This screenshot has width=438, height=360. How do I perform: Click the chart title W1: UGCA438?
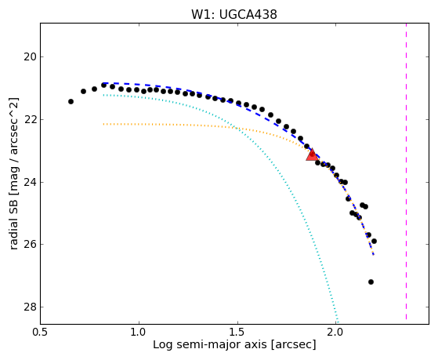234,14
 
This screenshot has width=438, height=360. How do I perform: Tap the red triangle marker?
312,155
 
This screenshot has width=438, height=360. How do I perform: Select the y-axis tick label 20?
30,57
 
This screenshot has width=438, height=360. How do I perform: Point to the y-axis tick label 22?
30,120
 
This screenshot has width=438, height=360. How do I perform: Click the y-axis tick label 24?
30,183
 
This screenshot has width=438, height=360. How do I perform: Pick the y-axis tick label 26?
30,245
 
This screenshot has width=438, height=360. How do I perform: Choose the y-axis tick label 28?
30,307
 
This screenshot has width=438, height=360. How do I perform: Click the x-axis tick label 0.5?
41,333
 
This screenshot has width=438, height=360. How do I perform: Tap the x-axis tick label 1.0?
139,333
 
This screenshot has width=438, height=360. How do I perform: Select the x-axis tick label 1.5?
237,333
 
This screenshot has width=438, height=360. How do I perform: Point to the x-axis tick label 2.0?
336,333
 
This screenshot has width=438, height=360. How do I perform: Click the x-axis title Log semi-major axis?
210,344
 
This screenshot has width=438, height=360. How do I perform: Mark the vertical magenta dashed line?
406,172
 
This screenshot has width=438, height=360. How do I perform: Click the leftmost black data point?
71,101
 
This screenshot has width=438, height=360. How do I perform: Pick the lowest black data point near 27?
371,282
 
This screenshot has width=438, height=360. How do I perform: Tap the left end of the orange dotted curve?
103,124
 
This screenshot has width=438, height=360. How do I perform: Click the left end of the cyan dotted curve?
103,95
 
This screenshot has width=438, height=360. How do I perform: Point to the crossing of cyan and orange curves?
237,128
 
